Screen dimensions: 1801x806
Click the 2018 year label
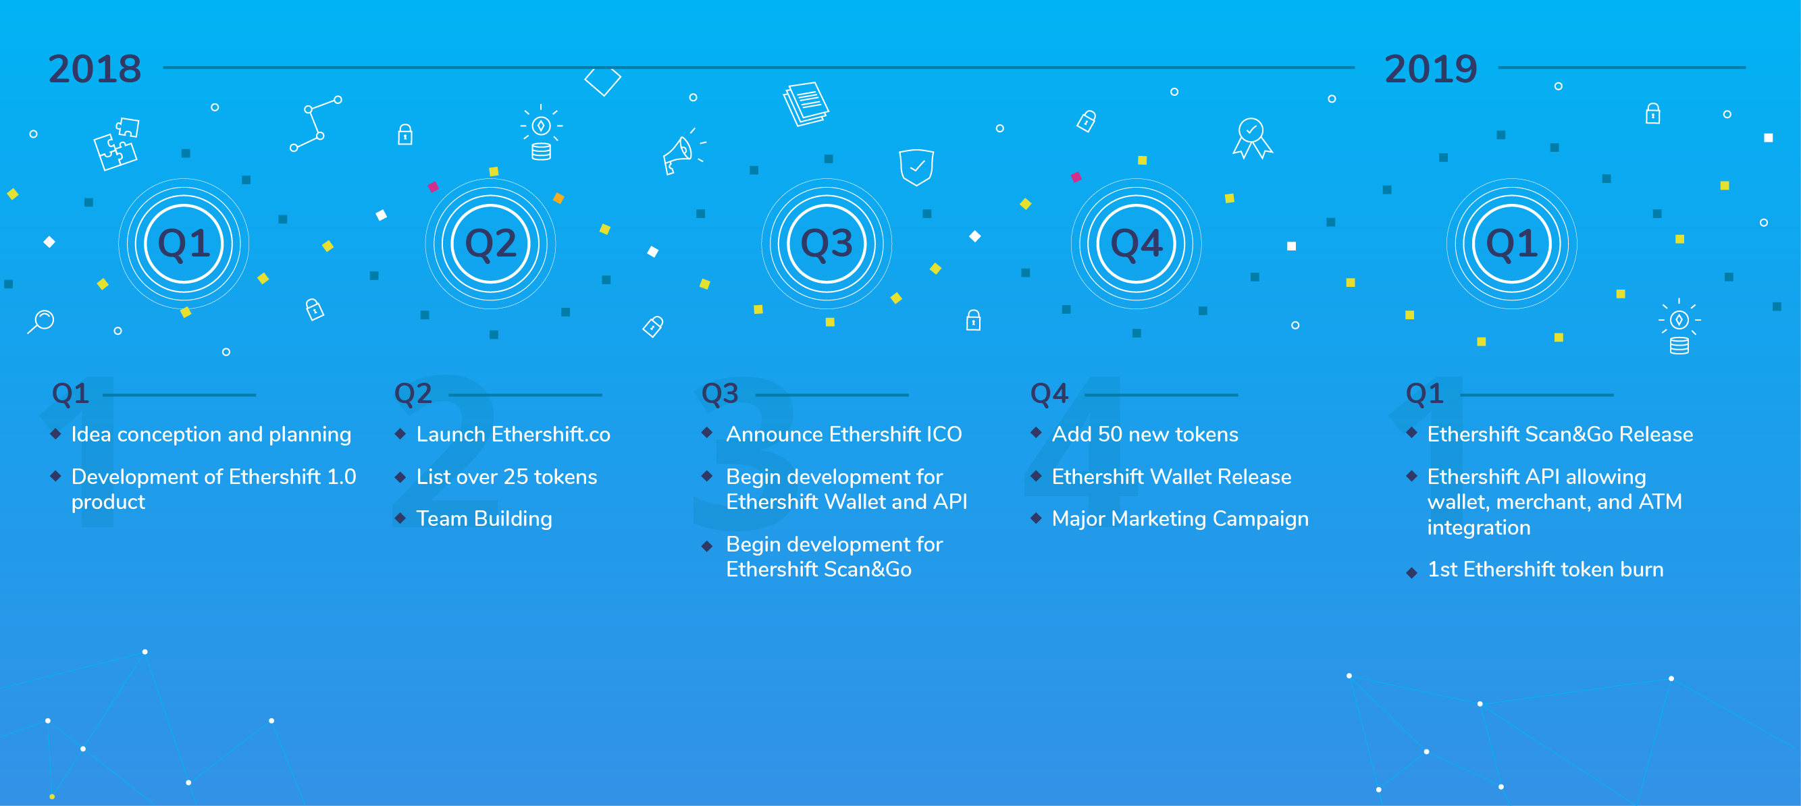(95, 70)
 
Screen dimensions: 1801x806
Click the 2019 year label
(1430, 70)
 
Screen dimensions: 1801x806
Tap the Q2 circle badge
(490, 243)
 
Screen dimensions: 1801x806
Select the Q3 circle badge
(827, 243)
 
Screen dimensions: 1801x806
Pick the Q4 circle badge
(1136, 243)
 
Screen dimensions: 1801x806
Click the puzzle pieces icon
(117, 144)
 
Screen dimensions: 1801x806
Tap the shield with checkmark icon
(916, 167)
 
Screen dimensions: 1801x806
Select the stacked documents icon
(806, 104)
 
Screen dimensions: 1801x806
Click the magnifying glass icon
(41, 321)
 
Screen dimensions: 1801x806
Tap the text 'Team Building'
(484, 518)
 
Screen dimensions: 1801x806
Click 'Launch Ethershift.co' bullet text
(513, 434)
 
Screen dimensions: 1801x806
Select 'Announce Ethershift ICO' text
(844, 434)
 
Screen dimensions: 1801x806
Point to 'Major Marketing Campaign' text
(1180, 518)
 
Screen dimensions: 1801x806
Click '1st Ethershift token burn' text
(1545, 570)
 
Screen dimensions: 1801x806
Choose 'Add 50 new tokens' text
(1145, 434)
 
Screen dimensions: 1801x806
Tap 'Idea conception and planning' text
(211, 435)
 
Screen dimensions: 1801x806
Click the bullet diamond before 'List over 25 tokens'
(400, 477)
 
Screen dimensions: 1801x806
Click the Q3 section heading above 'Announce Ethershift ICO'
(719, 394)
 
